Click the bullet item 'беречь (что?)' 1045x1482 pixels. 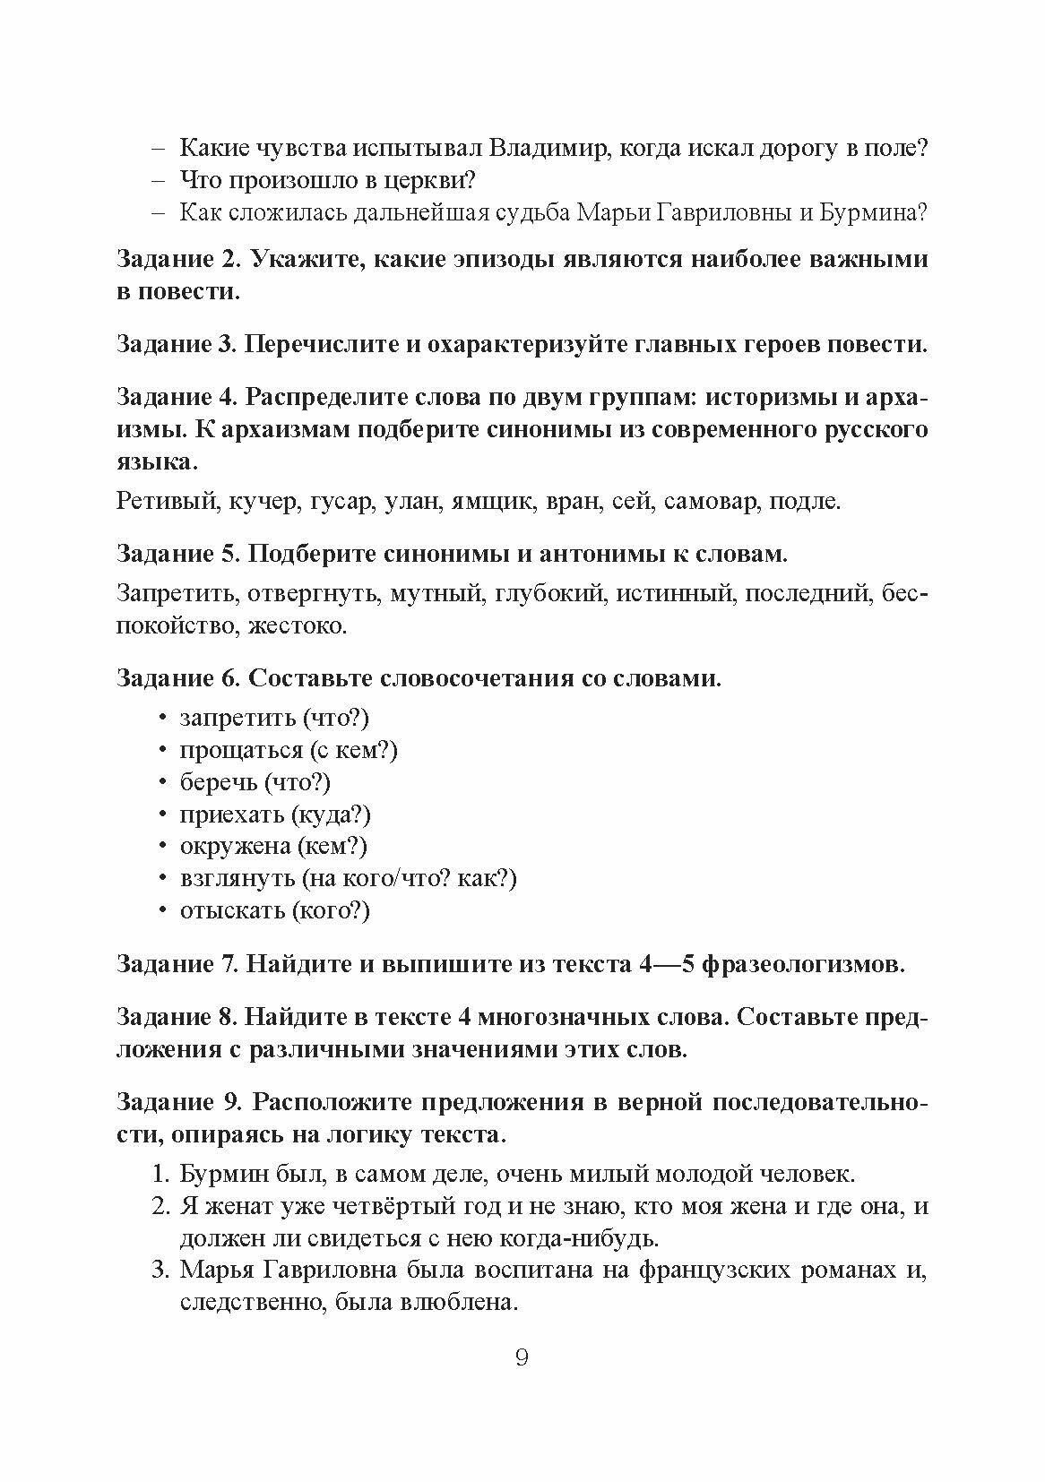[x=255, y=781]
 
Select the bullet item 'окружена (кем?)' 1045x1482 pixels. [x=273, y=846]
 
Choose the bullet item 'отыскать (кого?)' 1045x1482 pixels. [x=274, y=910]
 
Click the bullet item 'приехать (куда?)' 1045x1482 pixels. [x=275, y=814]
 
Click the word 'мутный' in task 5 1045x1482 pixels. [x=439, y=593]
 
